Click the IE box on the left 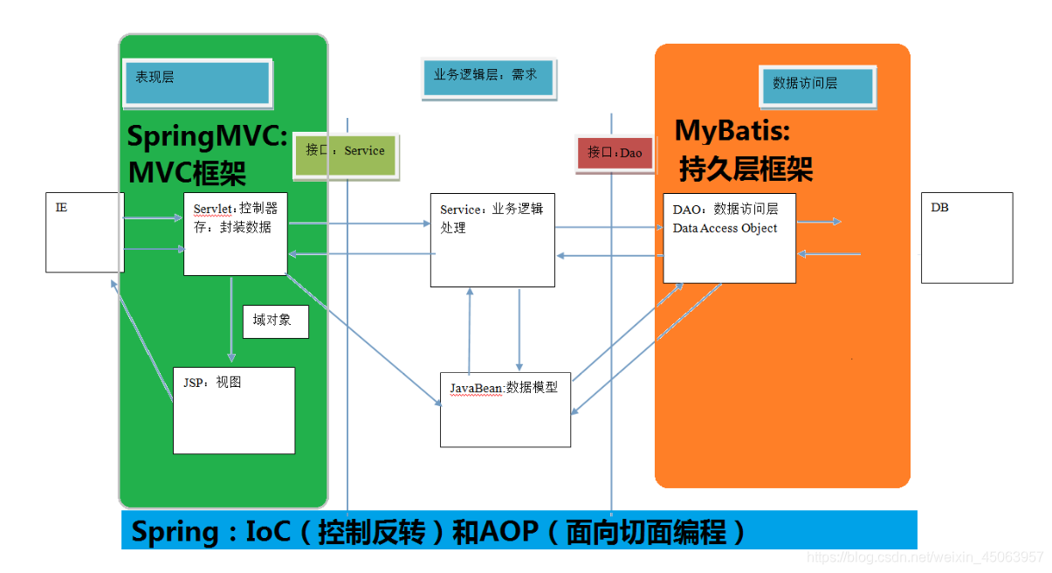click(84, 232)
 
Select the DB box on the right click(966, 238)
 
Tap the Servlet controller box click(235, 233)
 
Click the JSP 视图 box click(233, 410)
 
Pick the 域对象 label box click(275, 321)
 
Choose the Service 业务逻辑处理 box click(492, 240)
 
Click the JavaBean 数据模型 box click(505, 407)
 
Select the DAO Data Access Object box click(729, 238)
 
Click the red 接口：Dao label click(615, 153)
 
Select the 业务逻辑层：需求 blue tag click(487, 77)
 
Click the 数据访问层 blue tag click(816, 86)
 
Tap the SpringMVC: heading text click(208, 137)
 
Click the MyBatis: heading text click(732, 131)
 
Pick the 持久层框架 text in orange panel click(746, 168)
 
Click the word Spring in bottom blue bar click(175, 531)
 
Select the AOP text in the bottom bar click(508, 531)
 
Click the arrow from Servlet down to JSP click(231, 319)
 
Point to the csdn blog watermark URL click(925, 556)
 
